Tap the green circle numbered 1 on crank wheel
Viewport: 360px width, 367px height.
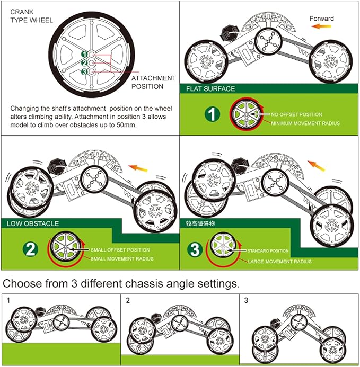click(84, 54)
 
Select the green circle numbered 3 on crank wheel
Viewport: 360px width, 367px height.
click(84, 72)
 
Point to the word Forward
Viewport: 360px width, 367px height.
click(322, 19)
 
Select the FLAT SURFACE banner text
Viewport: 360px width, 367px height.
click(210, 88)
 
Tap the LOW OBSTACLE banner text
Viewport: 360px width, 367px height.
click(33, 223)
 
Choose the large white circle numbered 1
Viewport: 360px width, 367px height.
click(212, 113)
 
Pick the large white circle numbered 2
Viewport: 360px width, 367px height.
click(30, 249)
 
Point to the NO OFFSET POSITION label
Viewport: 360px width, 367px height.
click(296, 114)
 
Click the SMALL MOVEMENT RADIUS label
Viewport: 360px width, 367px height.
click(121, 259)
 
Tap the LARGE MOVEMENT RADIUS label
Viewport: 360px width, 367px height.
click(280, 261)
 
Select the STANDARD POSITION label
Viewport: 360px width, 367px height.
click(268, 250)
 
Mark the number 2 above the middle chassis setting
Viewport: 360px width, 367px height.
click(128, 300)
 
